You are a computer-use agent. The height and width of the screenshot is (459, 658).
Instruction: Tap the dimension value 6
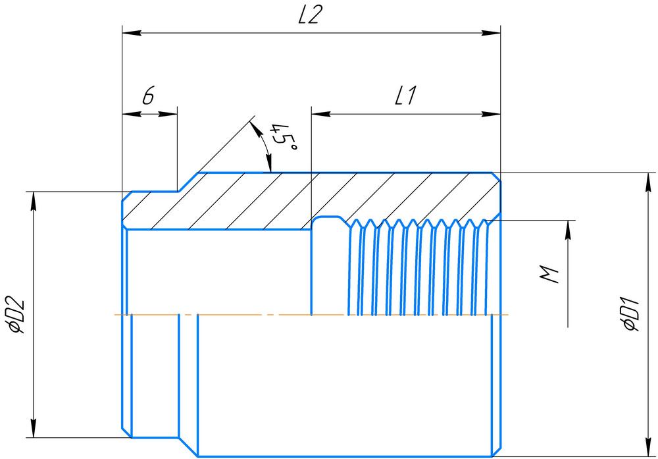[147, 97]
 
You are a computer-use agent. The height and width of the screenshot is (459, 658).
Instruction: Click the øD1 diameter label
[630, 315]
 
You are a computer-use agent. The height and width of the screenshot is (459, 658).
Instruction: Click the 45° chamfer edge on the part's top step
[187, 182]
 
